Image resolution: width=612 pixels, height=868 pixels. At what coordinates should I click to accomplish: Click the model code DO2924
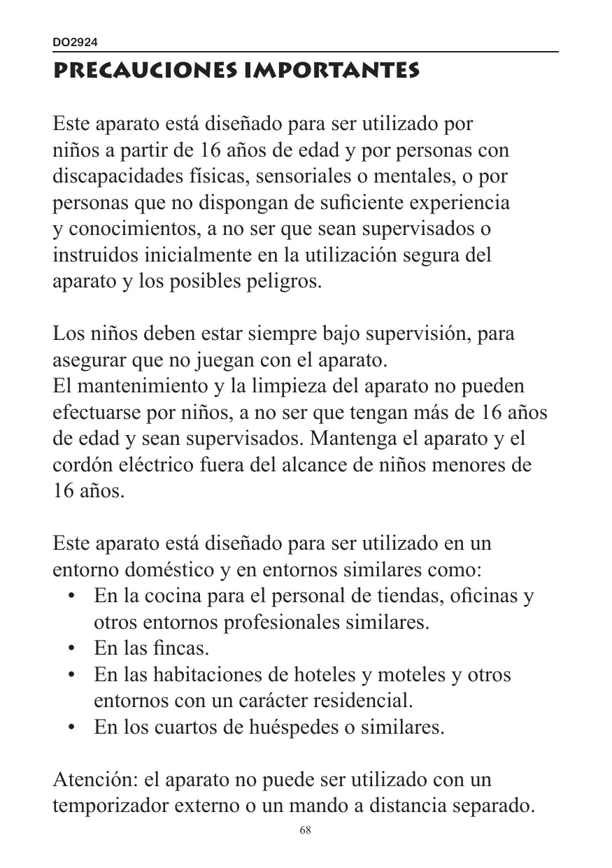tap(76, 43)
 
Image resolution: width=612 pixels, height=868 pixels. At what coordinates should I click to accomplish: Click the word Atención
tap(97, 779)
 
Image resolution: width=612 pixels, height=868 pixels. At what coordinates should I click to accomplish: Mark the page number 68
tap(305, 830)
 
